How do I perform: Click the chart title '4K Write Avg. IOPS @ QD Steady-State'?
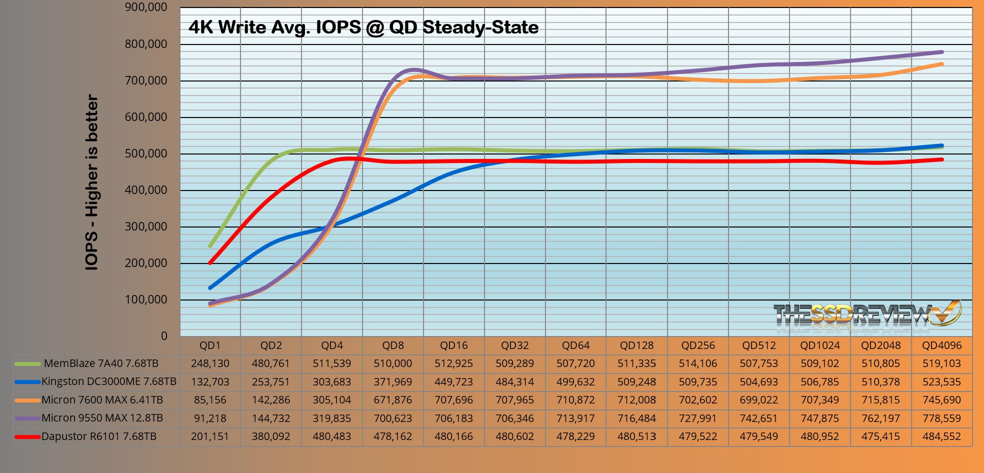click(x=363, y=27)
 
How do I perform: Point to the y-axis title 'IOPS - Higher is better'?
click(x=91, y=182)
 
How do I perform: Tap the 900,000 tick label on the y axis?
click(x=145, y=7)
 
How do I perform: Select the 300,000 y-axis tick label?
click(x=145, y=226)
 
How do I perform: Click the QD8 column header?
click(x=393, y=345)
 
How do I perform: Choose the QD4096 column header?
click(x=941, y=345)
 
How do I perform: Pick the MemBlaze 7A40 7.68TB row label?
click(x=101, y=363)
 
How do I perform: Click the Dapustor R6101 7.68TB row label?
click(x=99, y=436)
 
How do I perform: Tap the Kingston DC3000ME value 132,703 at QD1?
click(x=210, y=382)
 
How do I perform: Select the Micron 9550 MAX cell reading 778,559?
click(x=941, y=418)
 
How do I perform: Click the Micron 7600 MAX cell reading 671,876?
click(x=393, y=400)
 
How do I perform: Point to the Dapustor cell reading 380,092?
click(x=271, y=436)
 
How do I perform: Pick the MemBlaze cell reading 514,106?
click(x=697, y=363)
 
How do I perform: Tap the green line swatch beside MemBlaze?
click(x=27, y=364)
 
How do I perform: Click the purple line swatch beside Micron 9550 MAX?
click(x=27, y=418)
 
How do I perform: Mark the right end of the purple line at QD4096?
click(x=942, y=52)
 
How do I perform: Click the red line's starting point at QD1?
click(x=210, y=262)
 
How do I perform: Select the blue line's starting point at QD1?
click(x=210, y=287)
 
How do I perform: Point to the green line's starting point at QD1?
click(x=210, y=245)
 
